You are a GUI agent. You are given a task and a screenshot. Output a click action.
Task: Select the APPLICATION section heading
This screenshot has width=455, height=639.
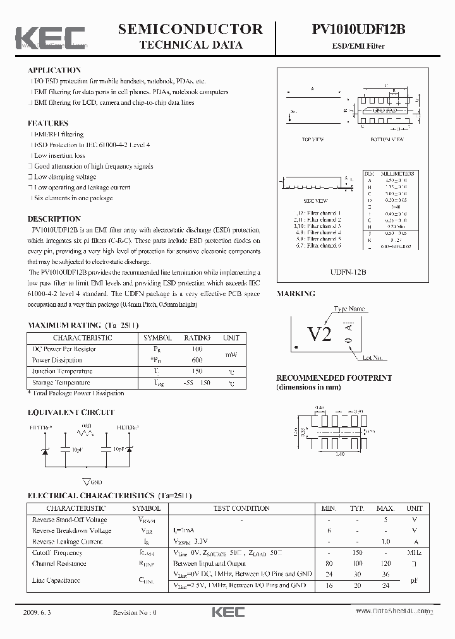coord(54,70)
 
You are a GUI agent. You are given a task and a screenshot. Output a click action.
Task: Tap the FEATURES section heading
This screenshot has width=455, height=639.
coord(48,123)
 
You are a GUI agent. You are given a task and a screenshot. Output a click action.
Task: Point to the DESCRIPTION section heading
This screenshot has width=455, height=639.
coord(54,218)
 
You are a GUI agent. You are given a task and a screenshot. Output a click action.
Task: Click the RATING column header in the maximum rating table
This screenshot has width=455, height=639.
coord(197,338)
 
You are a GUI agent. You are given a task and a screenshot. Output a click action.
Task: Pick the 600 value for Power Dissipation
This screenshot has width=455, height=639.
coord(197,360)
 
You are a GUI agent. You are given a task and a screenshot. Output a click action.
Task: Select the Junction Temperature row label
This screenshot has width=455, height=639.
coord(62,371)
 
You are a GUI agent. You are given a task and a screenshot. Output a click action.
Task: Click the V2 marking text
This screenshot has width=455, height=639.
coord(319,334)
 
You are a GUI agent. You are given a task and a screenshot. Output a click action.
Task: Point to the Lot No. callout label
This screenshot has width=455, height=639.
coord(372,358)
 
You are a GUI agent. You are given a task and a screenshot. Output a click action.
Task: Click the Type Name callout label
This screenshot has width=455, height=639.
coord(349,309)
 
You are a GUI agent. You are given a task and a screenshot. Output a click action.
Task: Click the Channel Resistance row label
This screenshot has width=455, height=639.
coord(59,563)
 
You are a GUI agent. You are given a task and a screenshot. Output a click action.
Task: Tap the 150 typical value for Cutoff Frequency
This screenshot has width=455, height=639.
coord(357,552)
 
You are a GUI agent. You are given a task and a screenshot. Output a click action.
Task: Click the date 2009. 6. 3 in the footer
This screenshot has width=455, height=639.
coord(39,612)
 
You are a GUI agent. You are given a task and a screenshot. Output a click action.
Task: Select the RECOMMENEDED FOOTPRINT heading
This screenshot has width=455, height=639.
coord(334,378)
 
